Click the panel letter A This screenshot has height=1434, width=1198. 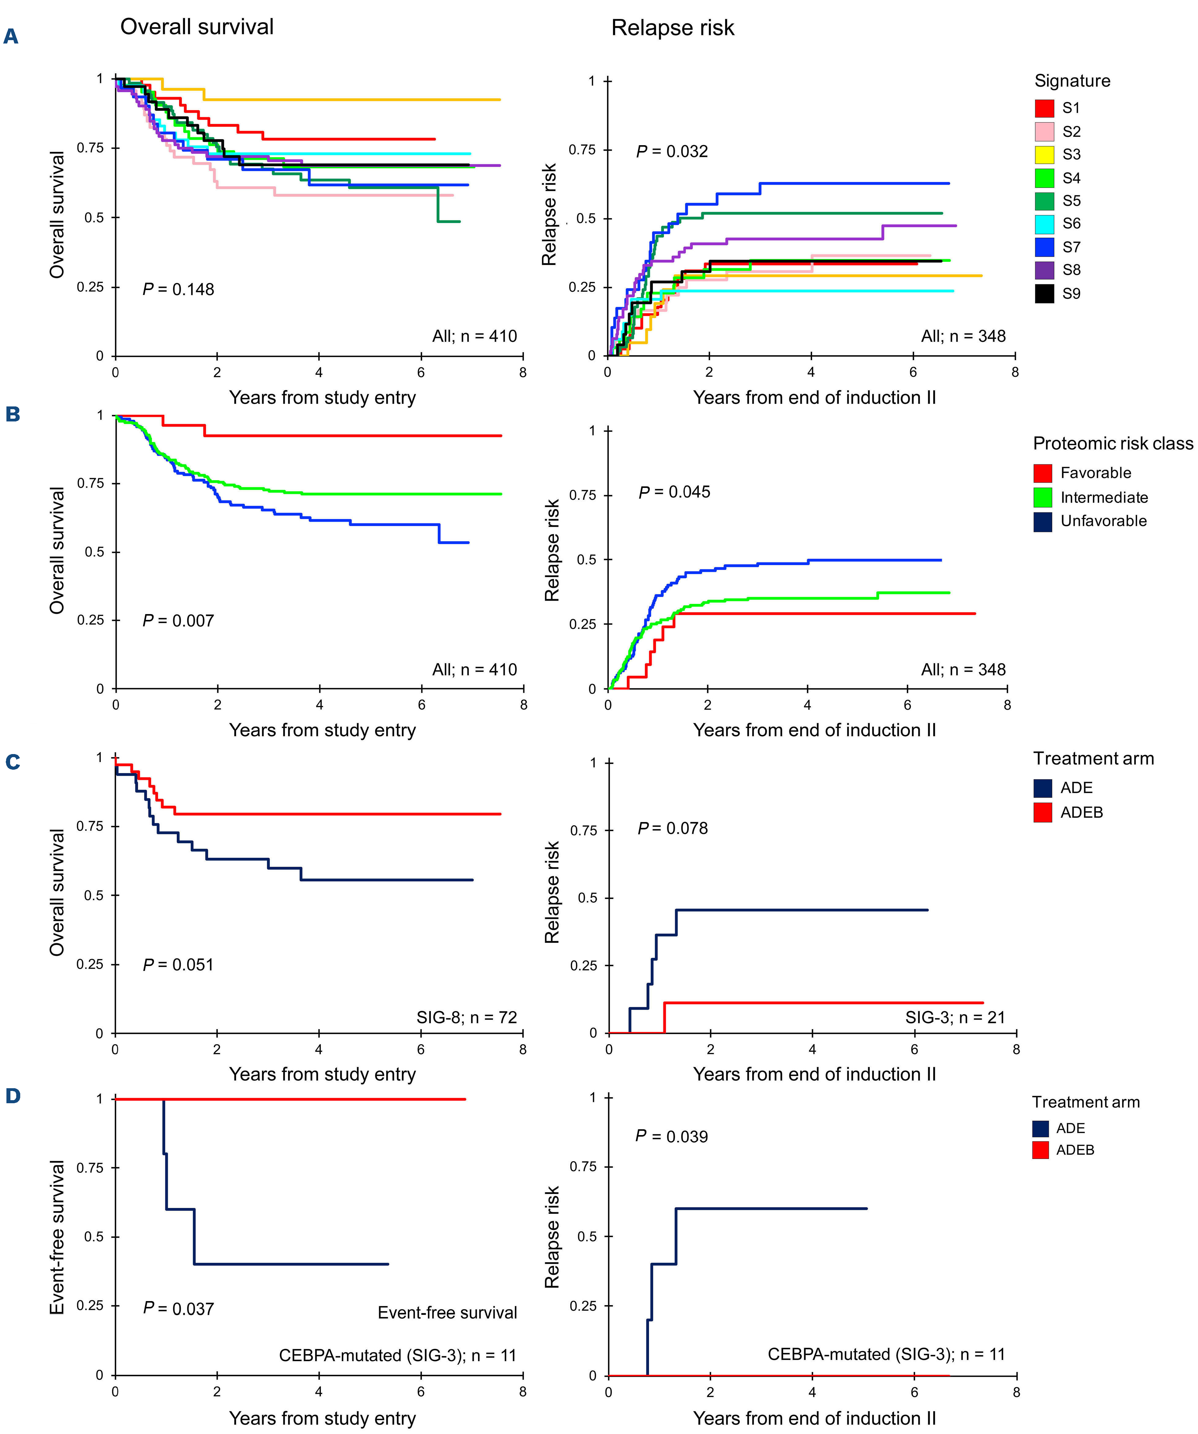click(11, 36)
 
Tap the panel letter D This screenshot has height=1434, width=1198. click(12, 1096)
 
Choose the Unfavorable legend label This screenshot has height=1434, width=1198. click(1103, 521)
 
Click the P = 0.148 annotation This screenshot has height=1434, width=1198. click(178, 289)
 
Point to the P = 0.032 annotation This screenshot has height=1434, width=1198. click(672, 152)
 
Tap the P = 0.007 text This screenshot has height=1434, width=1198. click(178, 621)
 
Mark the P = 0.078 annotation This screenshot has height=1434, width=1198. click(672, 828)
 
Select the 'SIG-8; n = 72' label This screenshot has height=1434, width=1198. click(467, 1017)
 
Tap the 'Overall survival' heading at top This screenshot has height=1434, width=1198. click(197, 27)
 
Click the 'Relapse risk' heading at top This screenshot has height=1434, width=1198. click(672, 28)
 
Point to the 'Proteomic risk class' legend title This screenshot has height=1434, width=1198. click(1113, 444)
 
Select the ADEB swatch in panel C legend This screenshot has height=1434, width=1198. click(1042, 813)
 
